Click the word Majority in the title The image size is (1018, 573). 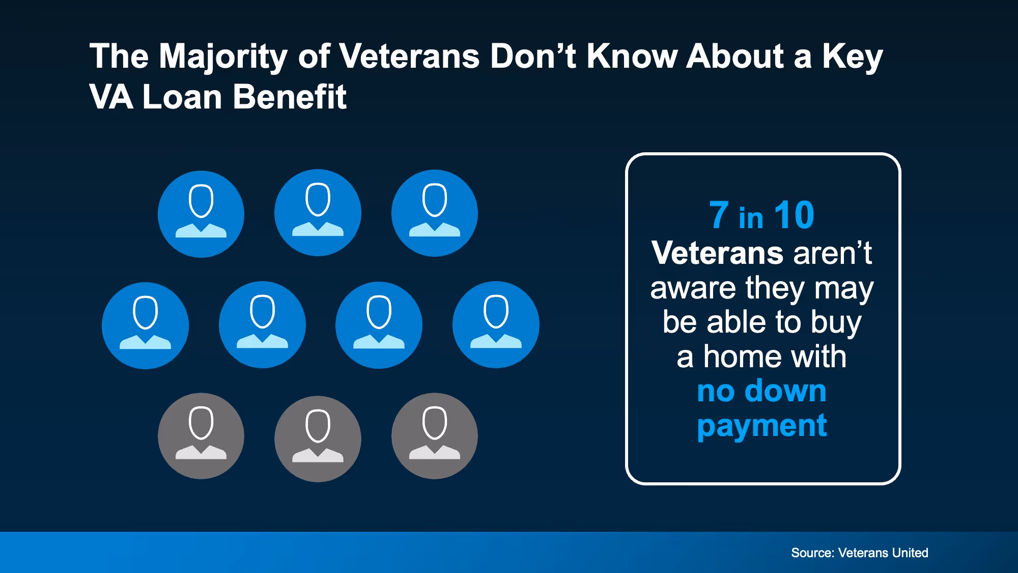click(x=223, y=57)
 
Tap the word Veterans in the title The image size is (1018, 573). click(x=409, y=56)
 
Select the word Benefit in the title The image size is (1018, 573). click(x=290, y=97)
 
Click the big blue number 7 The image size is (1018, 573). click(x=719, y=215)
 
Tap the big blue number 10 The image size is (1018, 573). click(x=794, y=215)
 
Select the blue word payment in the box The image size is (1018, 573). click(x=762, y=426)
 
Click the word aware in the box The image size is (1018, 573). click(x=693, y=288)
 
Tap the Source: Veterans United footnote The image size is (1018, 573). click(x=859, y=553)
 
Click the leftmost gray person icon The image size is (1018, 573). click(x=201, y=436)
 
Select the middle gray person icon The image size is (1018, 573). click(x=318, y=439)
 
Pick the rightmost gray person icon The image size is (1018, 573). click(x=435, y=436)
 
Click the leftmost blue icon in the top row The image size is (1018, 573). click(x=201, y=214)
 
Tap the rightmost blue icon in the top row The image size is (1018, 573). click(x=435, y=213)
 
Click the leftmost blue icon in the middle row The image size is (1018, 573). click(x=145, y=325)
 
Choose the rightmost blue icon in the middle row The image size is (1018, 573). click(x=496, y=324)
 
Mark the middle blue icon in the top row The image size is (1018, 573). click(x=318, y=212)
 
